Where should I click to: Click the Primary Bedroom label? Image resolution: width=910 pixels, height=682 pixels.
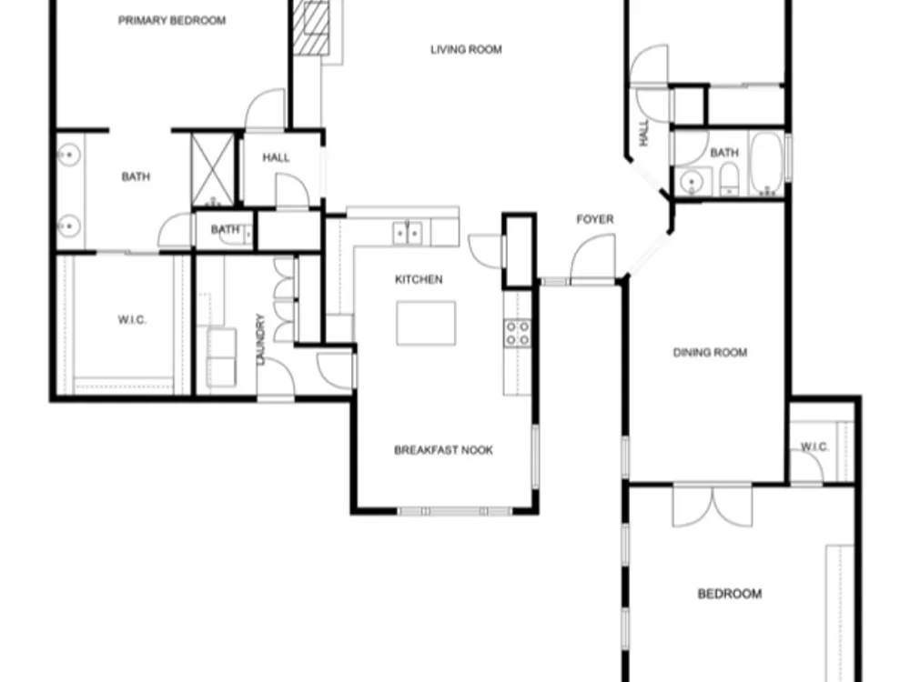pyautogui.click(x=172, y=21)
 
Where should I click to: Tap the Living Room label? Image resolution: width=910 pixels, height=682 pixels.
pyautogui.click(x=466, y=50)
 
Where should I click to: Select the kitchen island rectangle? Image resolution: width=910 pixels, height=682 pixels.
pyautogui.click(x=426, y=323)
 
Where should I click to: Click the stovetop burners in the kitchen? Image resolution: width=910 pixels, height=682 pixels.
pyautogui.click(x=518, y=333)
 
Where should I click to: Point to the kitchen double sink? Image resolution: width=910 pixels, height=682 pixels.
pyautogui.click(x=408, y=233)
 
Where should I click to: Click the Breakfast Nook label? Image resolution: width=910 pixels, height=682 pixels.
pyautogui.click(x=443, y=450)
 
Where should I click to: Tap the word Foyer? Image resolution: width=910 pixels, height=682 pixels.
pyautogui.click(x=595, y=219)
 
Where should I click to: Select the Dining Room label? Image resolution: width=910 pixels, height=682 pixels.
pyautogui.click(x=710, y=353)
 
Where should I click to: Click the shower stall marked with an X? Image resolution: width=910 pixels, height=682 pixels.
pyautogui.click(x=213, y=169)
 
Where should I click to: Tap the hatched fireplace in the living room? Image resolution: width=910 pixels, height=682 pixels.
pyautogui.click(x=311, y=27)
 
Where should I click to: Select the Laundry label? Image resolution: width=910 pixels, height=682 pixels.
pyautogui.click(x=260, y=339)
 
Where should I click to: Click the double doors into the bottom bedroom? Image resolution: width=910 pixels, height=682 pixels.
pyautogui.click(x=713, y=506)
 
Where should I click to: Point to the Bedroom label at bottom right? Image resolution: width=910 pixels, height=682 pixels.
pyautogui.click(x=730, y=594)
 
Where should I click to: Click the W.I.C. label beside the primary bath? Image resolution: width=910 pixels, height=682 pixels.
pyautogui.click(x=132, y=319)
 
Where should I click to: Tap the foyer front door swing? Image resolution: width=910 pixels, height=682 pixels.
pyautogui.click(x=592, y=258)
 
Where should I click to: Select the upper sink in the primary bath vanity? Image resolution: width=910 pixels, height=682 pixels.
pyautogui.click(x=69, y=155)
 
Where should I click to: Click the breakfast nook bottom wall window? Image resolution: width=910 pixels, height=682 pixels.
pyautogui.click(x=454, y=511)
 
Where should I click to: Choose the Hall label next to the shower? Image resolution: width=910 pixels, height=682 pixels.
pyautogui.click(x=276, y=157)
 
